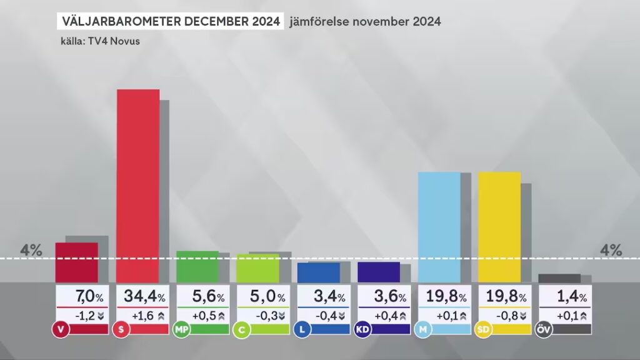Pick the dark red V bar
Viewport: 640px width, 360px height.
pyautogui.click(x=76, y=262)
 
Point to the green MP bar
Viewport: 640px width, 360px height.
pyautogui.click(x=197, y=266)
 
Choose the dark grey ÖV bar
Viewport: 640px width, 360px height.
pyautogui.click(x=559, y=278)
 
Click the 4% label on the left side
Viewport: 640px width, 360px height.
pyautogui.click(x=31, y=251)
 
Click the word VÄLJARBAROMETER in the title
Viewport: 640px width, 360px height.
pyautogui.click(x=122, y=21)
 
